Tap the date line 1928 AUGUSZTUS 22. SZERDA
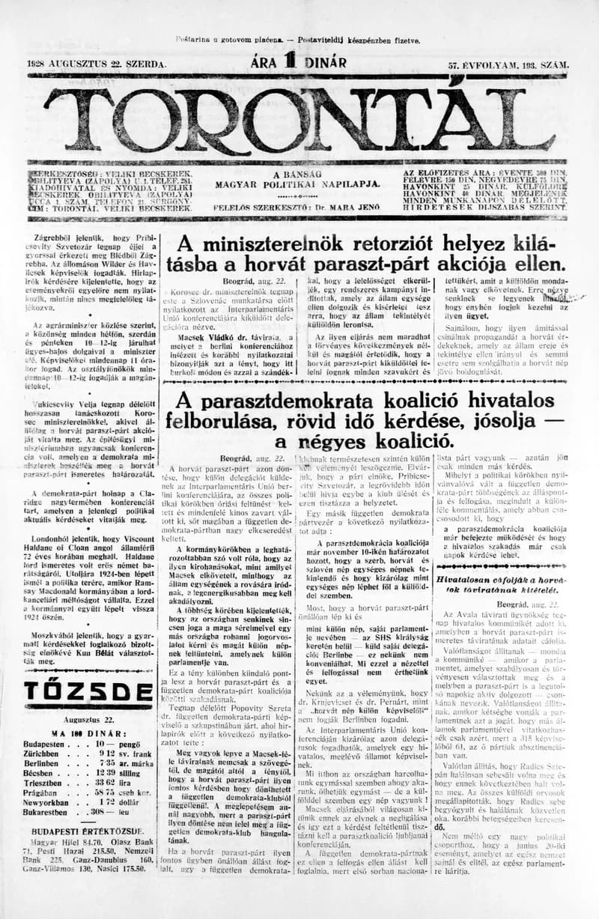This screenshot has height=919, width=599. coord(96,66)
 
